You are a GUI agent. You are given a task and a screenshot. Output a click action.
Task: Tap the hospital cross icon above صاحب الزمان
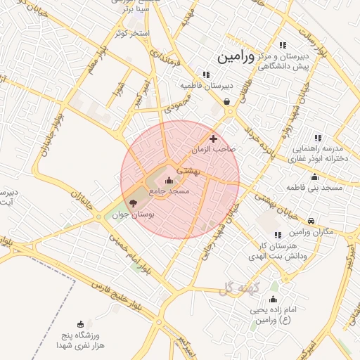tap(214, 139)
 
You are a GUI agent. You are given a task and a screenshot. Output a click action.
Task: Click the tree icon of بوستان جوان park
tap(134, 202)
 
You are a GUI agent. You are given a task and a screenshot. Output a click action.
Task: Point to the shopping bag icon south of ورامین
tap(227, 101)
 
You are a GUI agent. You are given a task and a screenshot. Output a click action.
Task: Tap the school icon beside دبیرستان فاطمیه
tap(205, 75)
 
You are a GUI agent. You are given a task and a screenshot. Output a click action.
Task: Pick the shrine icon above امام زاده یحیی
tap(274, 300)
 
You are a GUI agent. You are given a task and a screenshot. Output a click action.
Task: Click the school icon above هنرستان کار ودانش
tap(278, 234)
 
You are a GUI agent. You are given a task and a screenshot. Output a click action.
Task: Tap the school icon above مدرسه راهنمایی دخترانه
tap(317, 138)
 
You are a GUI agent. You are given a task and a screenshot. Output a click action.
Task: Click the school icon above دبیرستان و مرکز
tap(283, 45)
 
